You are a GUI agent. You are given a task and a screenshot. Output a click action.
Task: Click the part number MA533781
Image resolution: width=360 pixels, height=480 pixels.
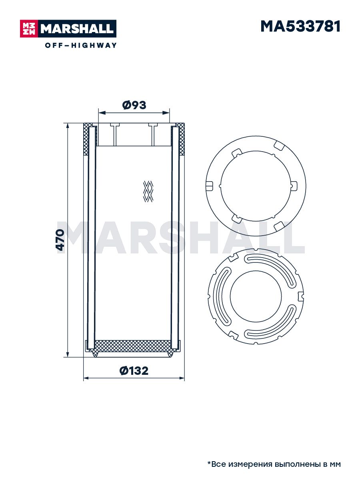pyautogui.click(x=300, y=26)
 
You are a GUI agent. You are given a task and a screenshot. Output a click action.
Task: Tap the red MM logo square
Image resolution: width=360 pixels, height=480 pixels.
pyautogui.click(x=29, y=29)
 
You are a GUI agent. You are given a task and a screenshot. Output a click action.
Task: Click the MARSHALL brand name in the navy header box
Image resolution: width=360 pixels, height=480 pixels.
pyautogui.click(x=77, y=29)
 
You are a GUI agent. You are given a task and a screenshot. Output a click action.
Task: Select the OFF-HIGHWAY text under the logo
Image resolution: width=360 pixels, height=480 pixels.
pyautogui.click(x=81, y=45)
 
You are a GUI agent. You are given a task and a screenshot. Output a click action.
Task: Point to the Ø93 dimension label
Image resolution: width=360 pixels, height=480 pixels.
pyautogui.click(x=134, y=105)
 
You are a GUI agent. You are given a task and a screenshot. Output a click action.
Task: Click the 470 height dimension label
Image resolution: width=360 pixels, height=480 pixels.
pyautogui.click(x=60, y=240)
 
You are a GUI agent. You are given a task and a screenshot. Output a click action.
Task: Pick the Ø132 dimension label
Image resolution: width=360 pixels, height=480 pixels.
pyautogui.click(x=134, y=371)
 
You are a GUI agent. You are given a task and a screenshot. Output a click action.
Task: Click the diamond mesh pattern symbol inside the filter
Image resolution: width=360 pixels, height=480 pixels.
pyautogui.click(x=148, y=191)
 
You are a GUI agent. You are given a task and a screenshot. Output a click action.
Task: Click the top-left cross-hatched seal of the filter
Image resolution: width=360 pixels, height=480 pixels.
pyautogui.click(x=86, y=139)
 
